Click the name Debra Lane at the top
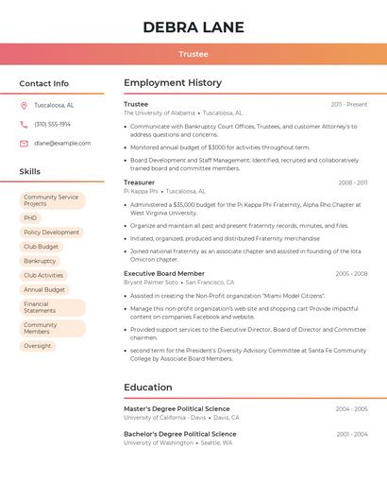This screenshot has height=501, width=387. (193, 27)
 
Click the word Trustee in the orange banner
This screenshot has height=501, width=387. (193, 55)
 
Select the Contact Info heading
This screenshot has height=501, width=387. (44, 83)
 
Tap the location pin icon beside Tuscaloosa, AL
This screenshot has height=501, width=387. (24, 105)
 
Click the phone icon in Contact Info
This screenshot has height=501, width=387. (24, 124)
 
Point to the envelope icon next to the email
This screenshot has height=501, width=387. (24, 144)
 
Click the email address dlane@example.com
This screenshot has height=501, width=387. (62, 144)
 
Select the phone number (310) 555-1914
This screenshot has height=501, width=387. (52, 124)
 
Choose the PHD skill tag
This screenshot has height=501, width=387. (30, 217)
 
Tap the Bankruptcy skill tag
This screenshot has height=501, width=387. (40, 261)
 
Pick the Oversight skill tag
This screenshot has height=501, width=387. (38, 346)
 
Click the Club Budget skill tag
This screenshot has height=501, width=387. (42, 247)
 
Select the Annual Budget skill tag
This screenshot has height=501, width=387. (44, 289)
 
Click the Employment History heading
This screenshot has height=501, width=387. (173, 83)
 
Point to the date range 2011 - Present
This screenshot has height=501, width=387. (349, 105)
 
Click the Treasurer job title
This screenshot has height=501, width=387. (139, 182)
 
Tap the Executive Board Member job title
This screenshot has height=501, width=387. (164, 273)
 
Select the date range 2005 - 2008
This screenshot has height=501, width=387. (351, 273)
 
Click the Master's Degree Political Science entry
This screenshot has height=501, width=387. (177, 409)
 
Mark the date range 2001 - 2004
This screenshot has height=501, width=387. (351, 434)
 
